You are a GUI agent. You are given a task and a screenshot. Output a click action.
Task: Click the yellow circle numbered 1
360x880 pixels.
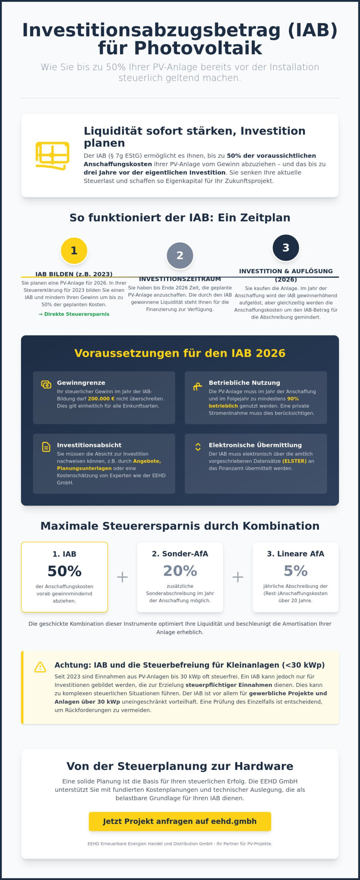point(74,251)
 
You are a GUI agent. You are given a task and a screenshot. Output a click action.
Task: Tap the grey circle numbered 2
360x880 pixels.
point(180,255)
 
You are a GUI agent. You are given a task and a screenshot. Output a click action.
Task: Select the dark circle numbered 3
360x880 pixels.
point(286,247)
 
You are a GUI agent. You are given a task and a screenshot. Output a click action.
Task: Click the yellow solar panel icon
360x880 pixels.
point(52,155)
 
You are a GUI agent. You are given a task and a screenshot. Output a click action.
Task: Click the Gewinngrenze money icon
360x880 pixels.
point(46,384)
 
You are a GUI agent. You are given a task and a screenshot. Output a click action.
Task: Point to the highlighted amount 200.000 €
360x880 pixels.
point(101,399)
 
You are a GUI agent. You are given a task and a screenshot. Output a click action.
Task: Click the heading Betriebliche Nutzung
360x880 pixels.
point(244,383)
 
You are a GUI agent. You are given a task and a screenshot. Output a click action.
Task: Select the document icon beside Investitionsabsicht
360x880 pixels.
point(46,447)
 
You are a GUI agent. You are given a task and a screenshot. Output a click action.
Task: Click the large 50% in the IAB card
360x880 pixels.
point(64,571)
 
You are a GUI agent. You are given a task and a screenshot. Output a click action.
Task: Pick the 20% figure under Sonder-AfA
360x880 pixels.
point(180,571)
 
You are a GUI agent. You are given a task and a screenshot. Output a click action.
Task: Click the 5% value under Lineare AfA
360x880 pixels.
point(295,571)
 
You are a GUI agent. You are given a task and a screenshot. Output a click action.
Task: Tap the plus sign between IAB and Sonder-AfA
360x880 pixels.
point(122,577)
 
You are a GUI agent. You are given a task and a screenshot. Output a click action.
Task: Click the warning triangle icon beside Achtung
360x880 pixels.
point(40,667)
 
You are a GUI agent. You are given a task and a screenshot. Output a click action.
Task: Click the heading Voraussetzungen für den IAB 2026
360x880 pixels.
point(180,353)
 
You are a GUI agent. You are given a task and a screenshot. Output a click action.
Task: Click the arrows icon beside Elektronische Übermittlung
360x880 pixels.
point(198,447)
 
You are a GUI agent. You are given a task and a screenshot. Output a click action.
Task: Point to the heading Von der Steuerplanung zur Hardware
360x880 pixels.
point(180,766)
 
